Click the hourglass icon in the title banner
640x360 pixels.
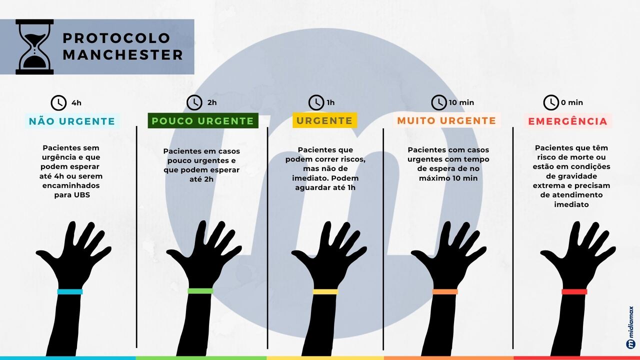point(34,47)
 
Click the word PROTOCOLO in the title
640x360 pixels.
point(116,38)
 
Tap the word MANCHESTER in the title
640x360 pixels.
point(123,55)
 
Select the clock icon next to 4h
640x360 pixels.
point(58,102)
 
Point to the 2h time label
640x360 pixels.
point(212,102)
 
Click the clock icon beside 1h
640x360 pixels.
point(316,102)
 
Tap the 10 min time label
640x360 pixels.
point(461,102)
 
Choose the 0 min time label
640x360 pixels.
point(571,102)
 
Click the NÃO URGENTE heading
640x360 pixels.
point(72,121)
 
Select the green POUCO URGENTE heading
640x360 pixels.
point(203,120)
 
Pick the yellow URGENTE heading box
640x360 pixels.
point(324,120)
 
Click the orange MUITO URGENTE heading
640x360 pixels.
point(446,120)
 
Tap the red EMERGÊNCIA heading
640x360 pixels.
point(567,121)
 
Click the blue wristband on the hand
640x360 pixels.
point(70,291)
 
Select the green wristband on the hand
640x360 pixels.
point(200,291)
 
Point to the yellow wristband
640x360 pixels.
point(325,291)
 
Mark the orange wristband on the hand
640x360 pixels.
point(445,291)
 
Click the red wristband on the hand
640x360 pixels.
point(574,291)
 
